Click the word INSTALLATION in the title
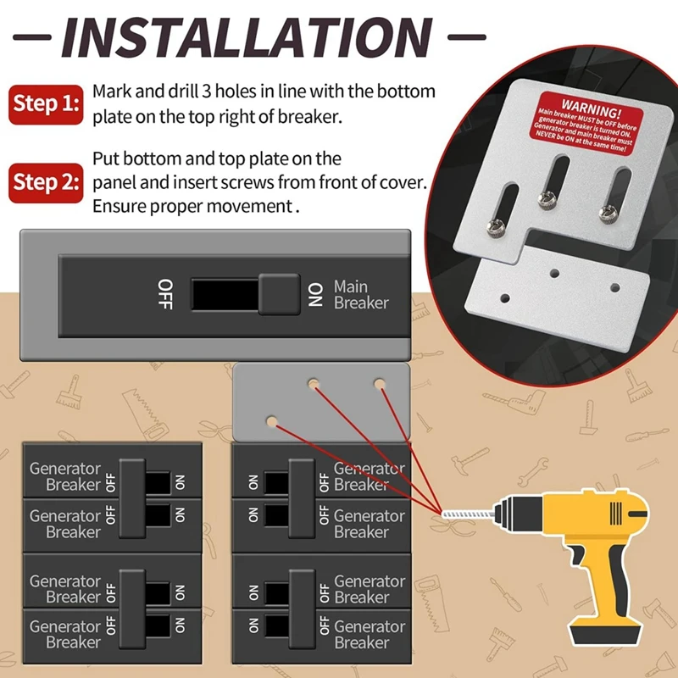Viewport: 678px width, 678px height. pyautogui.click(x=246, y=38)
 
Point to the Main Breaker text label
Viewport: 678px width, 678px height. pyautogui.click(x=361, y=295)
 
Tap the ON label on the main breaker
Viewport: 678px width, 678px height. pyautogui.click(x=315, y=295)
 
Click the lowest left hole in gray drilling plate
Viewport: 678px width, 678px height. pyautogui.click(x=272, y=421)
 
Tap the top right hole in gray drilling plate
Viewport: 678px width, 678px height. pyautogui.click(x=380, y=384)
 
